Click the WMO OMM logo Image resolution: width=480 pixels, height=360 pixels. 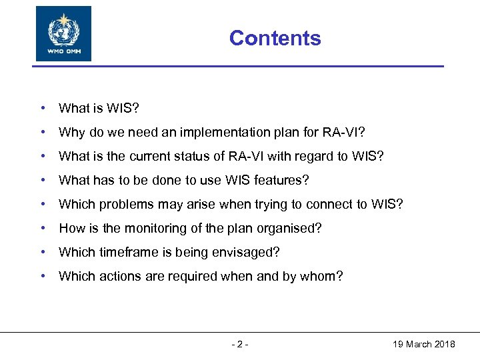pyautogui.click(x=63, y=34)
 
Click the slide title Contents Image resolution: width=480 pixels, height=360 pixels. pyautogui.click(x=275, y=39)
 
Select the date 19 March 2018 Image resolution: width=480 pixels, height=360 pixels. pyautogui.click(x=423, y=344)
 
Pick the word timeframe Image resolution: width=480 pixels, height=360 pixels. pyautogui.click(x=122, y=253)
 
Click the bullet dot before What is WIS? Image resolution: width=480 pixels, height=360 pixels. pyautogui.click(x=42, y=108)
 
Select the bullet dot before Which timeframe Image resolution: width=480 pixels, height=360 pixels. pyautogui.click(x=42, y=253)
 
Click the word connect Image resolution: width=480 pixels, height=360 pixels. pyautogui.click(x=327, y=204)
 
